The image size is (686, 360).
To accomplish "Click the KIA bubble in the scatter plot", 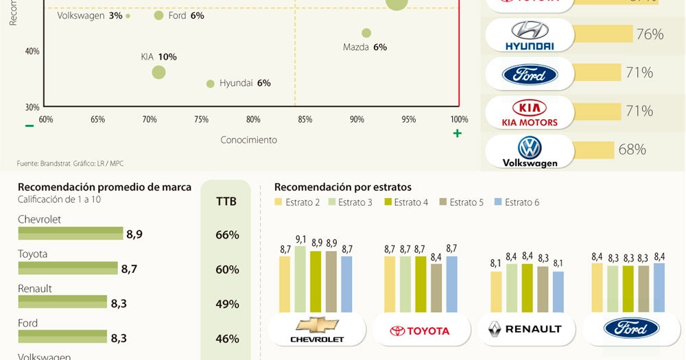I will tap(158, 72).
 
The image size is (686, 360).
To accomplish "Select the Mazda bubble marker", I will tap(366, 33).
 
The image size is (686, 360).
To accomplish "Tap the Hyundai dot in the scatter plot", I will tap(211, 84).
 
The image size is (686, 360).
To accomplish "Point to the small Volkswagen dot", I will tap(128, 16).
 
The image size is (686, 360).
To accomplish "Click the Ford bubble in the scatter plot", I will tap(158, 15).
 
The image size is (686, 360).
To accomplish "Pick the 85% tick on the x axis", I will tap(305, 120).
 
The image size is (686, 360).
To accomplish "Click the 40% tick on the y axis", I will tap(32, 51).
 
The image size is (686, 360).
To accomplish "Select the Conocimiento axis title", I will tap(248, 140).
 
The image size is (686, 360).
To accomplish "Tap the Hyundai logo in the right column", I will tap(529, 36).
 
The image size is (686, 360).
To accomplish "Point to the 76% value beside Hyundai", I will tap(649, 34).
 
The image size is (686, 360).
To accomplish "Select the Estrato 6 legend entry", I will tap(517, 202).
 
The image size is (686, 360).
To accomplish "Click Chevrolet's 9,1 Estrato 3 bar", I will tap(300, 278).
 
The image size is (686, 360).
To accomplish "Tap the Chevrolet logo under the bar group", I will tap(316, 329).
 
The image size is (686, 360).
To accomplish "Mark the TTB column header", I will tap(226, 202).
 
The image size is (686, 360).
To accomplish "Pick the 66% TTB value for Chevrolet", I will tap(227, 235).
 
